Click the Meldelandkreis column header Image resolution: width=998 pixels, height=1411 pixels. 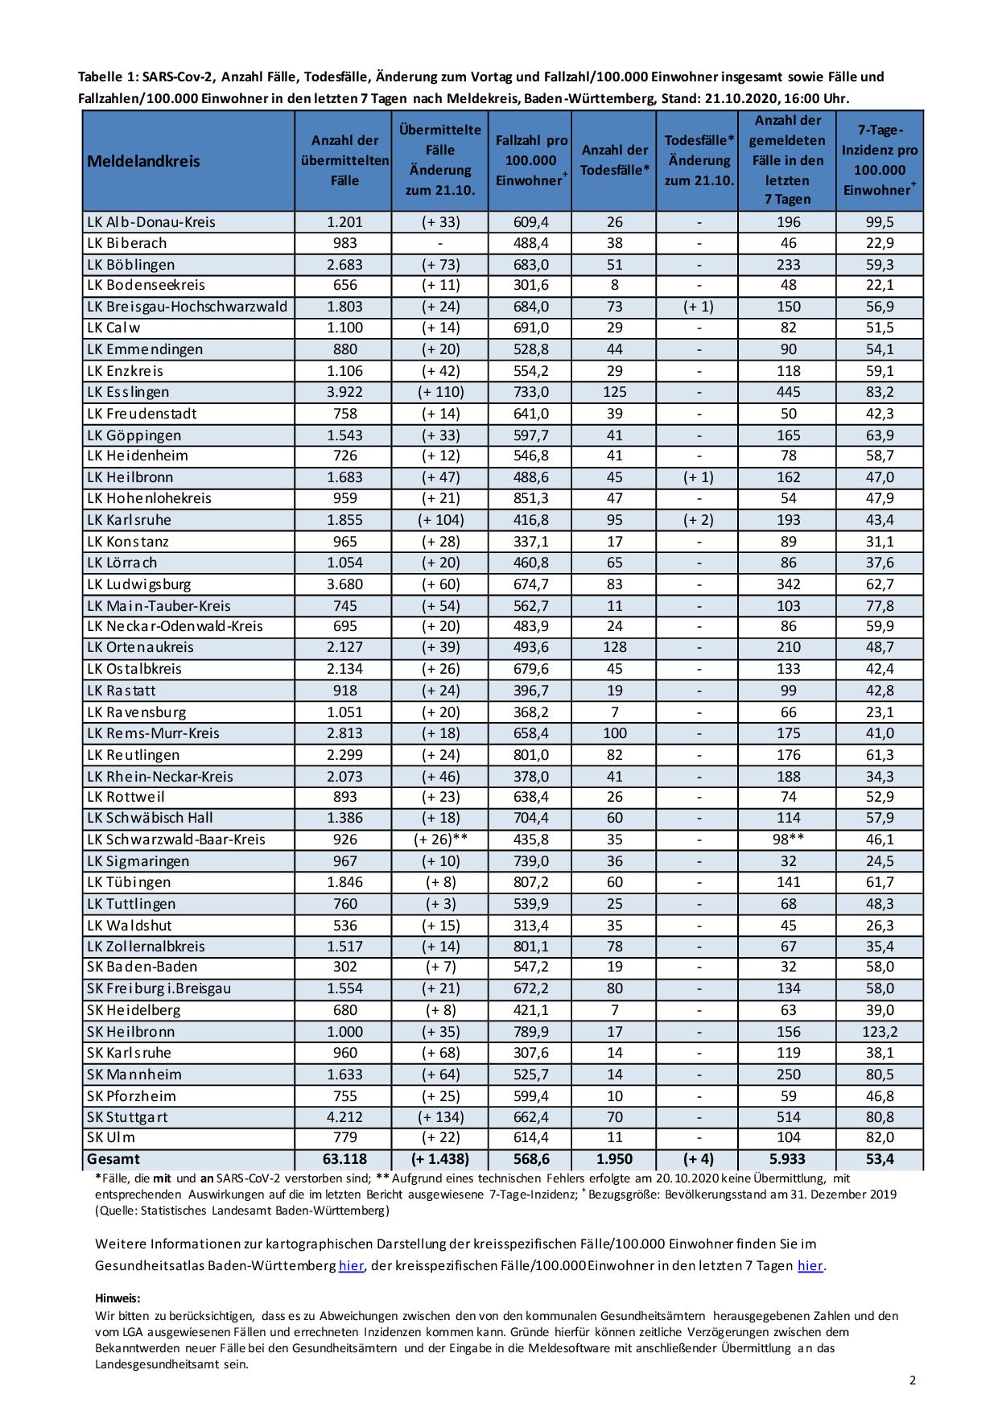click(143, 161)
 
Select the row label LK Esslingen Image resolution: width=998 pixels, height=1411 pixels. click(128, 392)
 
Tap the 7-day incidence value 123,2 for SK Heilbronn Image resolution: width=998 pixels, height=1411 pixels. click(879, 1031)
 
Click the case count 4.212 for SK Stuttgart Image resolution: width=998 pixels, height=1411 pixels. click(344, 1116)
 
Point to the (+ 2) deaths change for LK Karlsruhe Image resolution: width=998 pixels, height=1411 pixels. click(698, 520)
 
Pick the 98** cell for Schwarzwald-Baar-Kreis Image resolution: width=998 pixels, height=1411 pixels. click(788, 839)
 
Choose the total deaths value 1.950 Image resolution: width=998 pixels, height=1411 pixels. click(614, 1159)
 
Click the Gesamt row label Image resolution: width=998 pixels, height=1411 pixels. click(113, 1159)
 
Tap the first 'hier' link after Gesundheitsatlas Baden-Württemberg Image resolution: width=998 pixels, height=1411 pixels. click(351, 1265)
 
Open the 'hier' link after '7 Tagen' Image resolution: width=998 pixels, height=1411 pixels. click(810, 1265)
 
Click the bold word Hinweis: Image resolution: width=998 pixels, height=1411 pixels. click(118, 1298)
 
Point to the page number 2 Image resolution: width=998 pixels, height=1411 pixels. click(912, 1381)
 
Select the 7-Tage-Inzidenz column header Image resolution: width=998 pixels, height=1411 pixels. click(879, 160)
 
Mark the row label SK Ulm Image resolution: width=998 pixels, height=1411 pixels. click(111, 1137)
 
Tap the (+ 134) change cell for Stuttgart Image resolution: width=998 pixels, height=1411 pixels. click(439, 1116)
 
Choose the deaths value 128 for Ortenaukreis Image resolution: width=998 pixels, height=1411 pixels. click(614, 647)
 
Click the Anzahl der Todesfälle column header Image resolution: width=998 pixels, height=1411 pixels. click(614, 160)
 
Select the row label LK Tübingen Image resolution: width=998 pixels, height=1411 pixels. click(129, 881)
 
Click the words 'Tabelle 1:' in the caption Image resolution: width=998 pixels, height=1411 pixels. click(108, 77)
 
